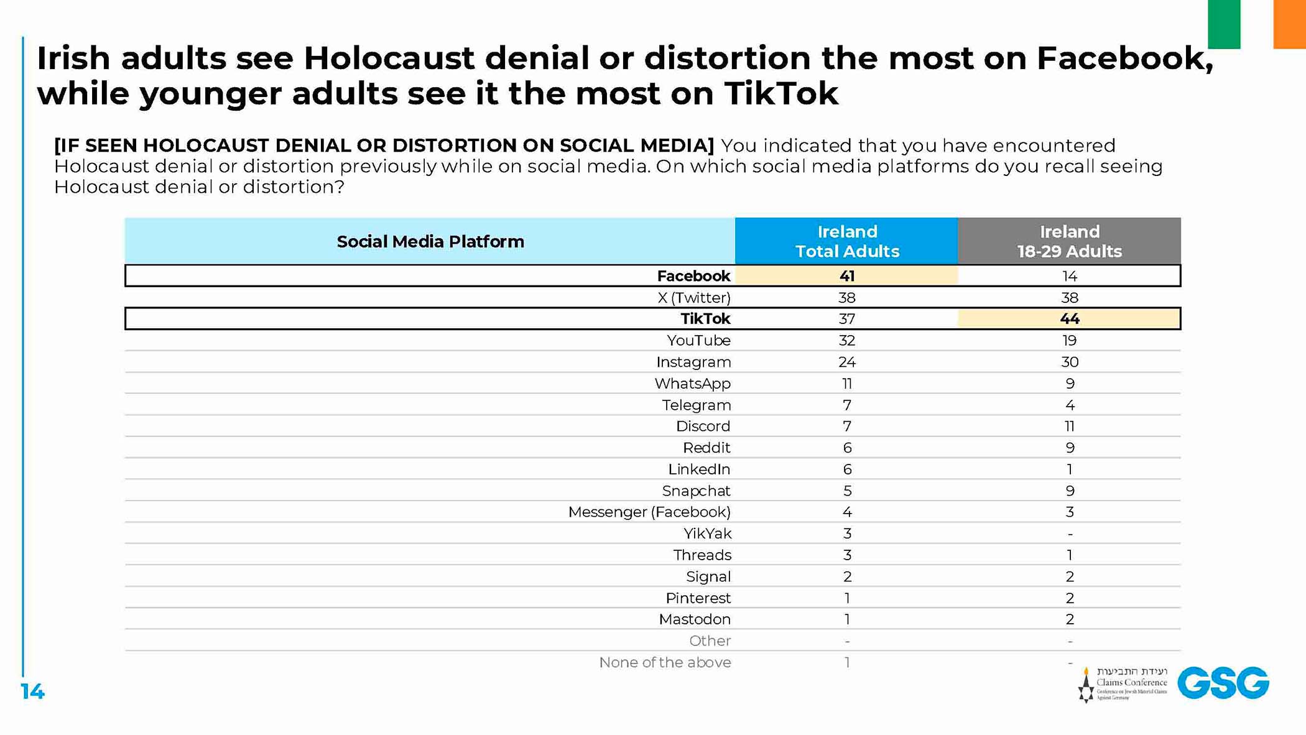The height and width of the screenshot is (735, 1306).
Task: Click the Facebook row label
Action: [693, 276]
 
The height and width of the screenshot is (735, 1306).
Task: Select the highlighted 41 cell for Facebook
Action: [846, 276]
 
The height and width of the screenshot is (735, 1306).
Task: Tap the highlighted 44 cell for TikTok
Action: [1069, 319]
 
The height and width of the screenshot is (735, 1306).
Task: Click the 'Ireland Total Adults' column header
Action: [846, 241]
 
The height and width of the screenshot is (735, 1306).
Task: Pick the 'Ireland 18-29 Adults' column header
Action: [1069, 241]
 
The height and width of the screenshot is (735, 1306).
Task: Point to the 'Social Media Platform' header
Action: [430, 241]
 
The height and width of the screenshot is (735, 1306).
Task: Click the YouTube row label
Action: [698, 341]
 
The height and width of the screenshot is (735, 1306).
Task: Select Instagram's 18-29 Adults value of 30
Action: [1069, 362]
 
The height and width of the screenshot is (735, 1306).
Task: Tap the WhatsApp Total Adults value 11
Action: [846, 384]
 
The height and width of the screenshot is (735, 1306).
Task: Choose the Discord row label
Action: [703, 427]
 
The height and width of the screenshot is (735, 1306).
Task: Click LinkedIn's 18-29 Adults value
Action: [1069, 469]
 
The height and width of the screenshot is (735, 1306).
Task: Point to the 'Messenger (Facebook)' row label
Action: [649, 512]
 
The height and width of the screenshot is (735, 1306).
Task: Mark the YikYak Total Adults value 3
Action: [846, 534]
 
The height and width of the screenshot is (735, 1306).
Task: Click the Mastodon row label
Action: [695, 619]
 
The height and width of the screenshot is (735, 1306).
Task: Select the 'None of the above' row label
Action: [665, 663]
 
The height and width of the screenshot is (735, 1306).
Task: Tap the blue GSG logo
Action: [1223, 683]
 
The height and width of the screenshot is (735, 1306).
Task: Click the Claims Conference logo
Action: [1123, 684]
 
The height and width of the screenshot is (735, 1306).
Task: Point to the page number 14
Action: [32, 691]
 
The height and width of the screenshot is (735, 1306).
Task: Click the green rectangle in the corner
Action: [1223, 24]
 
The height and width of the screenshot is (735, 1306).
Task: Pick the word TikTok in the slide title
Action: [781, 94]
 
